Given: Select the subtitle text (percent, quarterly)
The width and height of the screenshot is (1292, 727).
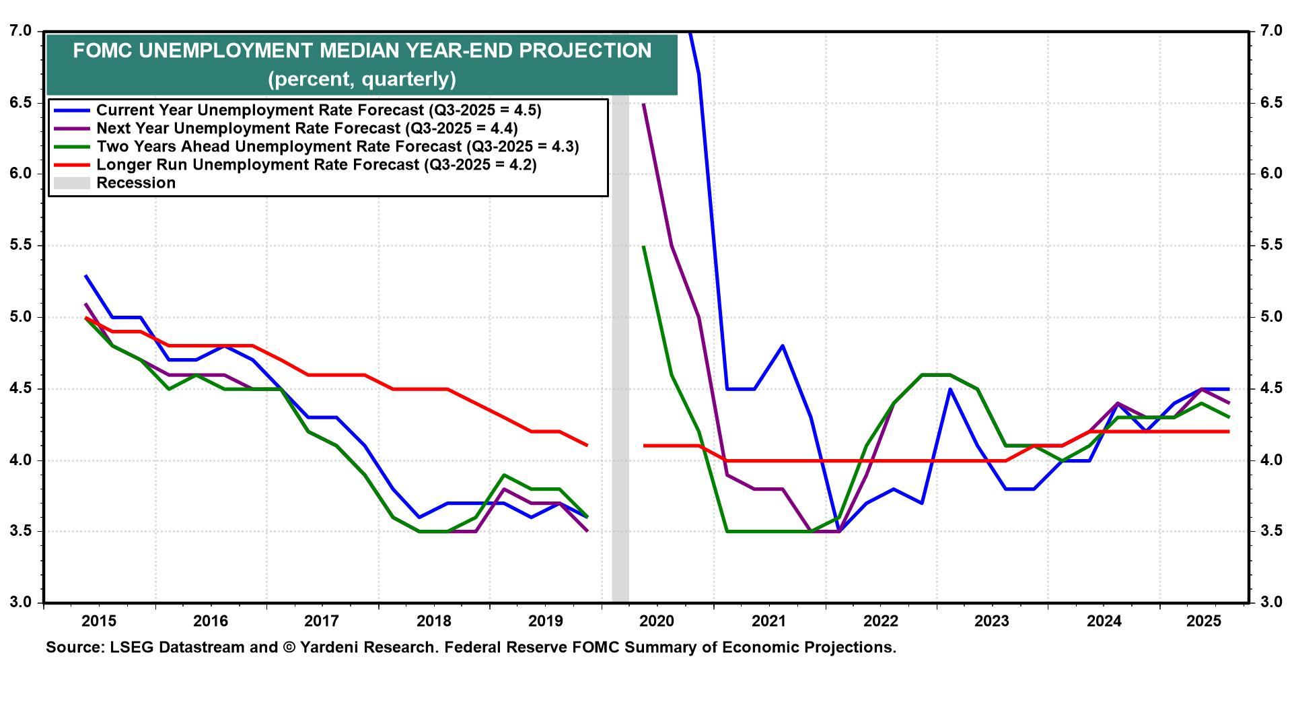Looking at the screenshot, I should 362,79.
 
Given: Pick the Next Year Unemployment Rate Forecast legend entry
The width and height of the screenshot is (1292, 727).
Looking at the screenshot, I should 307,128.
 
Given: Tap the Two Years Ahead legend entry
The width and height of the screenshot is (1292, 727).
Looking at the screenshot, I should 337,146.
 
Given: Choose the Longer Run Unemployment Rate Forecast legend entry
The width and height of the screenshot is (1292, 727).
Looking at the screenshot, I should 316,164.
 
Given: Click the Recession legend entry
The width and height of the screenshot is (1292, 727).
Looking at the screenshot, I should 136,183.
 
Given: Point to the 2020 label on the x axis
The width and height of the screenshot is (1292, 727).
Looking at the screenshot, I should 656,621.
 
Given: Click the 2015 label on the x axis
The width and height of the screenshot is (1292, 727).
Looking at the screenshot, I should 99,621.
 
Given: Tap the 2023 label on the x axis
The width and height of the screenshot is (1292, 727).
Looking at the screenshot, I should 991,621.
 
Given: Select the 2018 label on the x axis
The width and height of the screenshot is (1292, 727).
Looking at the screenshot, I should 433,621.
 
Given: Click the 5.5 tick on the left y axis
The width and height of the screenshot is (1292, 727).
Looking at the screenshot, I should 20,245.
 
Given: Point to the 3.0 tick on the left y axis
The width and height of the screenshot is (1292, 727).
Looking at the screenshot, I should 20,602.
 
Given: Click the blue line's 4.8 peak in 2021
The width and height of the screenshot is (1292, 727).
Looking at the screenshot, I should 783,346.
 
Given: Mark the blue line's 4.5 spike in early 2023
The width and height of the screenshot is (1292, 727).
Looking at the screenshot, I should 949,389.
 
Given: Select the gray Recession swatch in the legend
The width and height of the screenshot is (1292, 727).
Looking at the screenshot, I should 71,183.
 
